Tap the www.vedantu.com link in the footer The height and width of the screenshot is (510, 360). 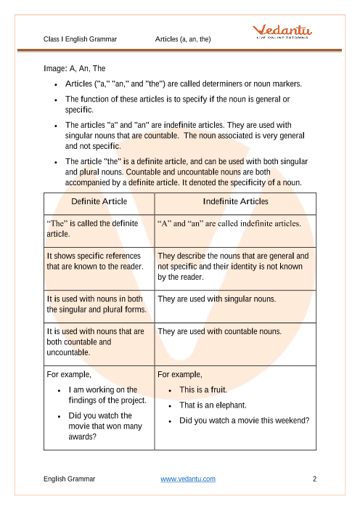click(x=187, y=479)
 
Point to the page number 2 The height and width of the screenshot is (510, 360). click(x=314, y=479)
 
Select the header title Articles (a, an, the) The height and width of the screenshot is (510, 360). click(x=183, y=39)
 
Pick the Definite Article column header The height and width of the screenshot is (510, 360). click(x=99, y=201)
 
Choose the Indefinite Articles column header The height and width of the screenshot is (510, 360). click(x=234, y=201)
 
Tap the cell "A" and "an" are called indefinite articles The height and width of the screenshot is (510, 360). click(x=229, y=224)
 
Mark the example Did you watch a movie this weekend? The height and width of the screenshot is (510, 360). click(x=244, y=421)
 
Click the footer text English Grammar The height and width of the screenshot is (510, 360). click(x=70, y=479)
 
